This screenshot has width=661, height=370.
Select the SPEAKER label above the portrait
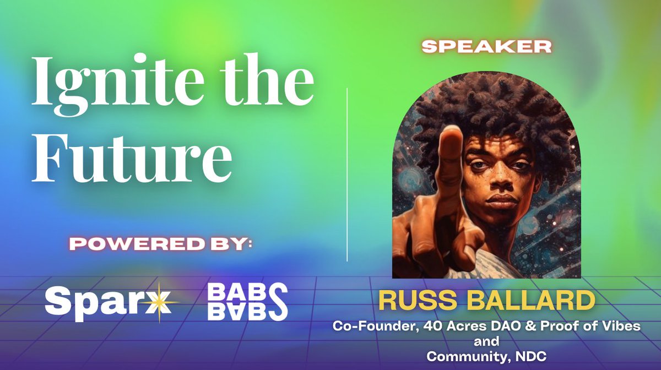click(x=486, y=47)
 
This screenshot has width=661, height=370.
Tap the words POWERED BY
click(x=160, y=243)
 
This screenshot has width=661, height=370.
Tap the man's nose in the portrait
click(x=499, y=182)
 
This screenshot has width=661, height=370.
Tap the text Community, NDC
click(x=486, y=356)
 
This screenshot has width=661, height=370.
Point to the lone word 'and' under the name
click(x=486, y=341)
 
